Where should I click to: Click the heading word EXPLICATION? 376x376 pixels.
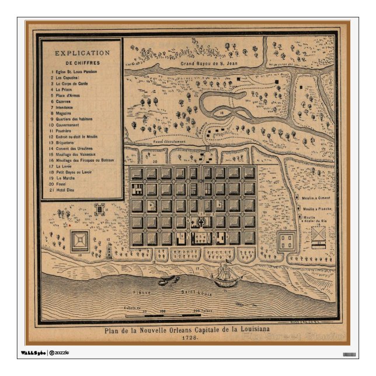[81, 53]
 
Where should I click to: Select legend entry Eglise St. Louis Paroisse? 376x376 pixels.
[76, 71]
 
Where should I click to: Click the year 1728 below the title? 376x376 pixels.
[188, 338]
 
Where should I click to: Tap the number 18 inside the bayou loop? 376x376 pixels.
[222, 110]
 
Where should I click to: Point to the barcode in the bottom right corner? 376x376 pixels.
[349, 354]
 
